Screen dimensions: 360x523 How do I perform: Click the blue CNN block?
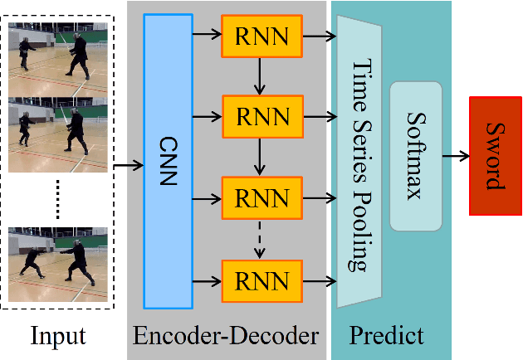(168, 162)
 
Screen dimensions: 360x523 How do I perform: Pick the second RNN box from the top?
(262, 117)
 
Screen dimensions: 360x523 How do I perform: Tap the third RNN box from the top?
(262, 198)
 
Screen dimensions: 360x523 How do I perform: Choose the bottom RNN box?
(262, 280)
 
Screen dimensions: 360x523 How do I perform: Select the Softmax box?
(415, 157)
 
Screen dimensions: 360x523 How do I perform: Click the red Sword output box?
(495, 155)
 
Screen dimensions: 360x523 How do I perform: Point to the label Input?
(58, 336)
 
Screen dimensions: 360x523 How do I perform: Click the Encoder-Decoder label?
(226, 336)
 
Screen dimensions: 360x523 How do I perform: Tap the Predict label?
(386, 336)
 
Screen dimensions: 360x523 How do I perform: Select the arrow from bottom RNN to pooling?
(320, 280)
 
